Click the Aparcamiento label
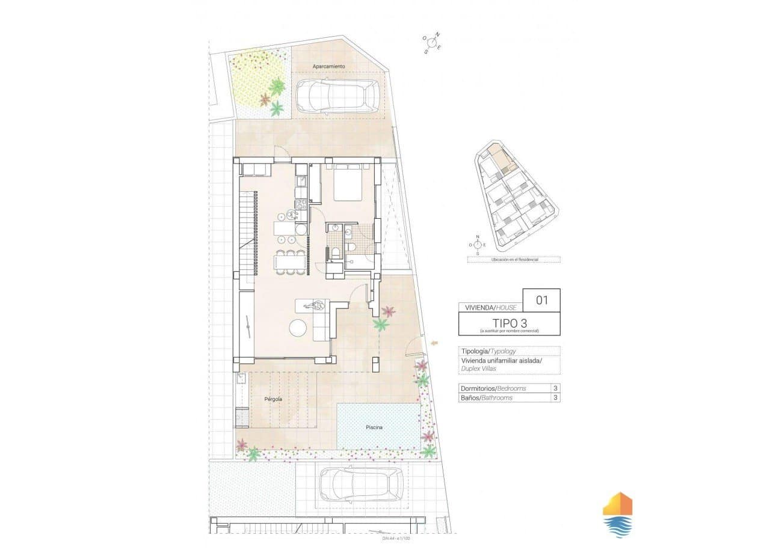(x=328, y=66)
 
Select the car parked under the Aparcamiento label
(x=337, y=96)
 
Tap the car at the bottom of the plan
(x=361, y=484)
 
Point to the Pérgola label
(x=274, y=399)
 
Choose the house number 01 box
(x=541, y=300)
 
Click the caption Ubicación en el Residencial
(x=513, y=260)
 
